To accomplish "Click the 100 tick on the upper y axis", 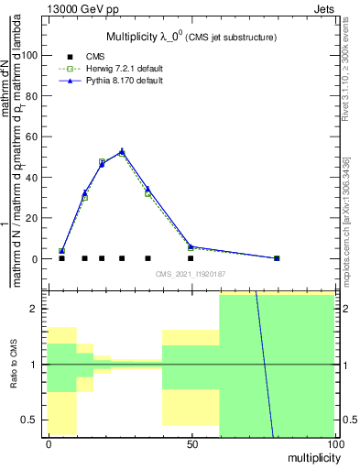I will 33,55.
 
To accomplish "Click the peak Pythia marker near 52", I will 122,151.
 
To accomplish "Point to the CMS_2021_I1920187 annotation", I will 191,274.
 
